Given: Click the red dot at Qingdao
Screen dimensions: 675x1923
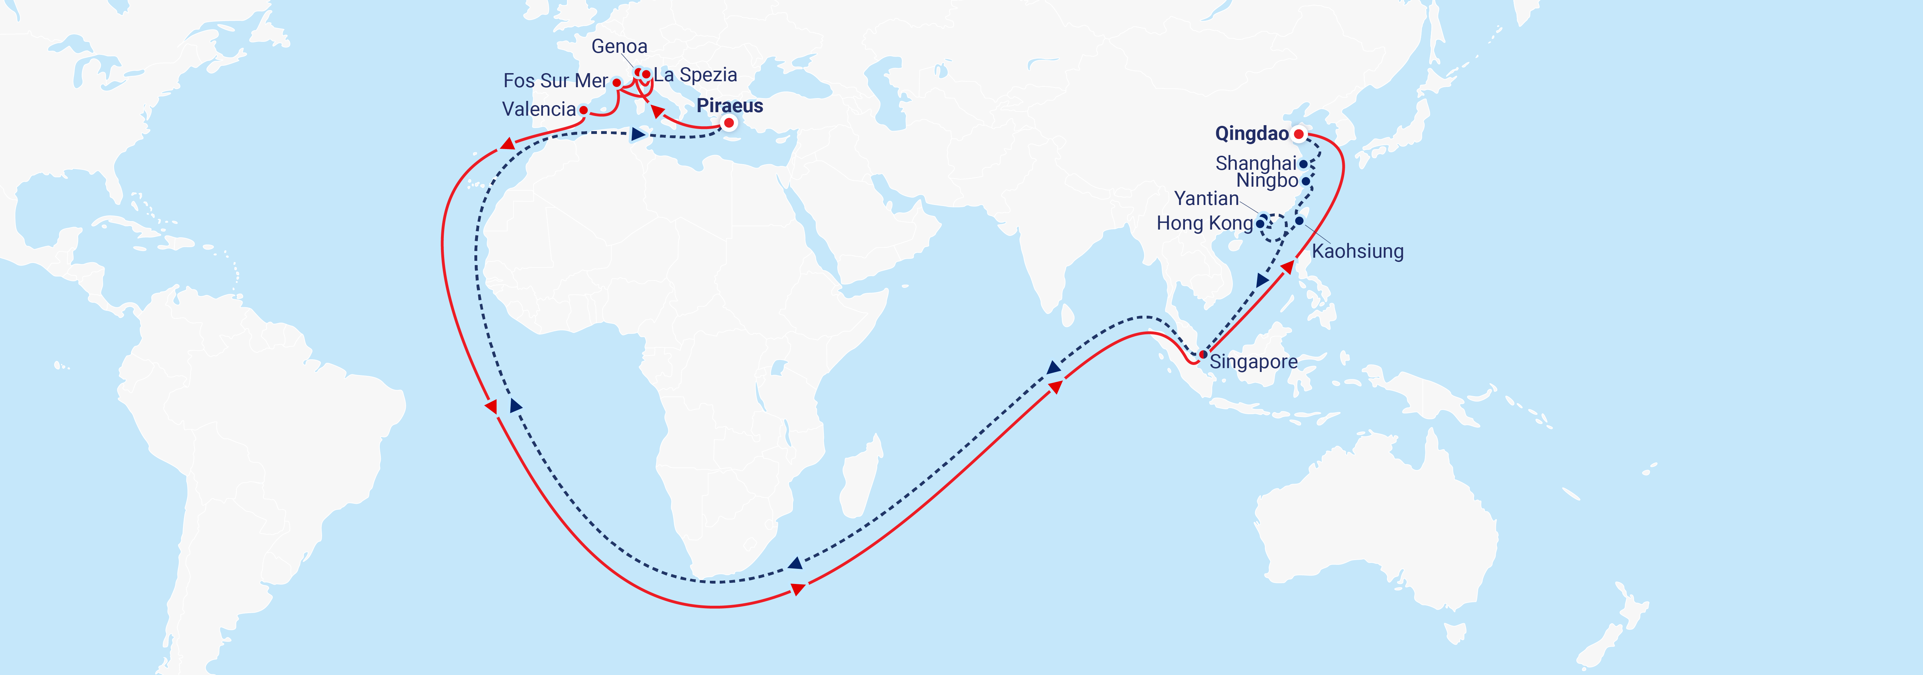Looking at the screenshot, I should pos(1299,134).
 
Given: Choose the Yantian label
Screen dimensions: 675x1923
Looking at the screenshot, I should pos(1206,198).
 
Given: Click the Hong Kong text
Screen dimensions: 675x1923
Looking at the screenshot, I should pos(1204,223).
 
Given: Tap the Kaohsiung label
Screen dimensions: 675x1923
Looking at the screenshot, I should pos(1357,251).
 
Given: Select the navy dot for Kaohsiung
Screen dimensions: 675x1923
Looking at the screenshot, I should pos(1300,221).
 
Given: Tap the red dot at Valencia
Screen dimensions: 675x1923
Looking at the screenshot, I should pos(584,110).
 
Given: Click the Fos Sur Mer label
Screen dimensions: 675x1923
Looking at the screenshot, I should pos(555,81).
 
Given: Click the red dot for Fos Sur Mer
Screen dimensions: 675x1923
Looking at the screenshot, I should pos(617,83).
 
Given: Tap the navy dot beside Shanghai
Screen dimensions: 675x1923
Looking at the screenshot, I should pos(1303,164).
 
